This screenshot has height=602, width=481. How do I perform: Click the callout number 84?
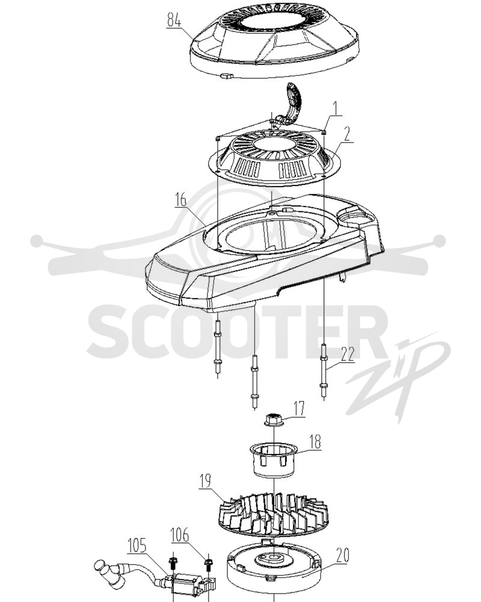[x=174, y=20]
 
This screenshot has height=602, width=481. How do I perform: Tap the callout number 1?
[x=335, y=110]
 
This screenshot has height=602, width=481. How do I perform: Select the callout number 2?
[x=346, y=134]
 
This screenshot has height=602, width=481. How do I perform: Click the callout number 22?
[x=348, y=354]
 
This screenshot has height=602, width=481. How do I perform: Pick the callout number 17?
[x=299, y=409]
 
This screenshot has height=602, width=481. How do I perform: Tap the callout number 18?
[x=314, y=442]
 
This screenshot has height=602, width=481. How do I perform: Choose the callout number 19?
[x=205, y=481]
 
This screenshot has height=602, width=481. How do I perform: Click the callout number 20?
[x=342, y=555]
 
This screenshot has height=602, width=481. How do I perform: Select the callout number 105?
[x=137, y=545]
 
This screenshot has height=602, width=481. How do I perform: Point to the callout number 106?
[x=180, y=535]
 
